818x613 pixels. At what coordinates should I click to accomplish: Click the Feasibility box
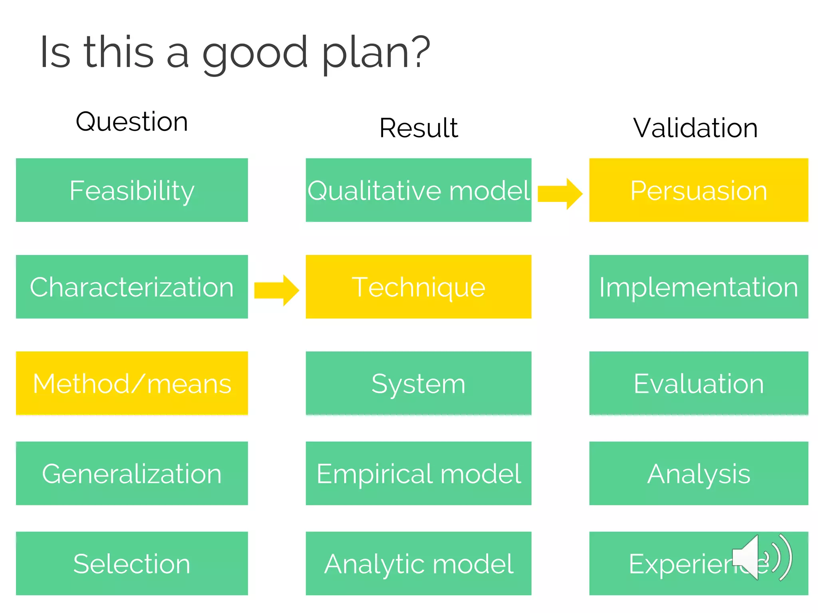(132, 190)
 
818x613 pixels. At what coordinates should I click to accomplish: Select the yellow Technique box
(418, 287)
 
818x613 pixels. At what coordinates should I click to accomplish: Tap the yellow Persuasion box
(698, 190)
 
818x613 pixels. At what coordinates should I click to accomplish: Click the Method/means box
(132, 383)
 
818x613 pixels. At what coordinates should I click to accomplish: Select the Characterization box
(132, 287)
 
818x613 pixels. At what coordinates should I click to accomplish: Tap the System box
(418, 383)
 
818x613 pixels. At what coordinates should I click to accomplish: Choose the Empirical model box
(418, 473)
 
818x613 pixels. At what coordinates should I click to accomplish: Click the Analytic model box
(418, 564)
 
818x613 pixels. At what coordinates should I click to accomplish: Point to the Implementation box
(698, 287)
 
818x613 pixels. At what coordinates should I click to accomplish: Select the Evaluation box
(698, 383)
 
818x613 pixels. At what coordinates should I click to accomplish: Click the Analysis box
(698, 473)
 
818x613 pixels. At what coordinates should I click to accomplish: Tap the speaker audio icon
(761, 558)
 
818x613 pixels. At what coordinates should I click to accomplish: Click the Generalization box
(132, 473)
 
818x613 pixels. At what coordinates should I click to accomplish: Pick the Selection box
(132, 564)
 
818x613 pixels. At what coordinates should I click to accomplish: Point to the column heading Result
(418, 128)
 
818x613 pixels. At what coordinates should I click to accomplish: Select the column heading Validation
(695, 128)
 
